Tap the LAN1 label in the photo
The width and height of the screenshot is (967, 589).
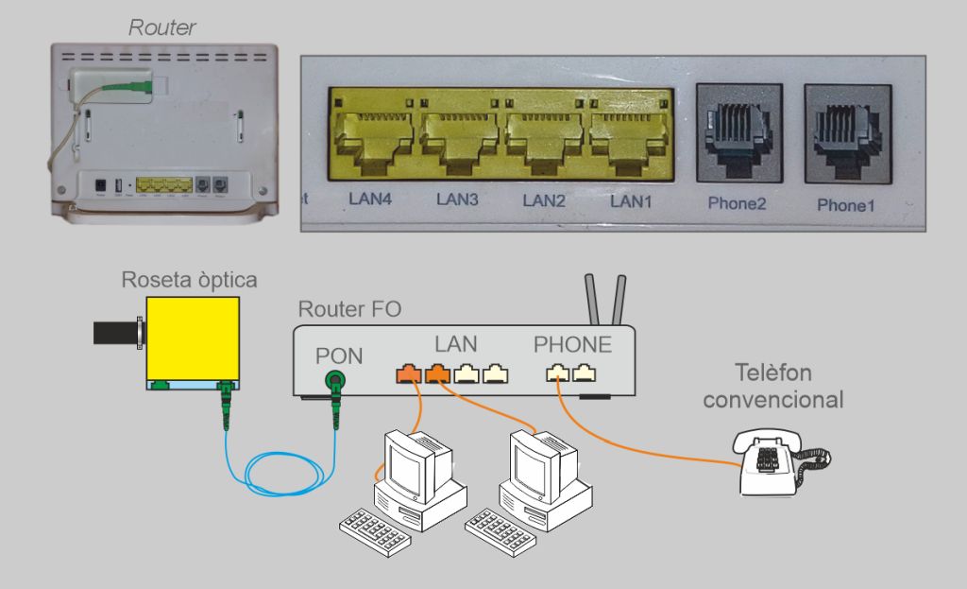pos(631,200)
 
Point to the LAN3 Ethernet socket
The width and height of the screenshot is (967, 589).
pos(460,134)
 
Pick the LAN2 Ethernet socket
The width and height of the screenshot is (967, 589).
pos(544,134)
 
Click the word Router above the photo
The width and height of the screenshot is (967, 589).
pos(161,27)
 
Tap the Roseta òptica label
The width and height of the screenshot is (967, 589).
pos(189,281)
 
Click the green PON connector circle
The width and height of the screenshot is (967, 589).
pos(334,382)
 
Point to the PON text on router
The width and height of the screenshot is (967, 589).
pos(338,356)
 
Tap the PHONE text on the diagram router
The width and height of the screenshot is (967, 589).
pos(572,344)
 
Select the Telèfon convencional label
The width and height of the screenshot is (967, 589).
pos(773,386)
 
